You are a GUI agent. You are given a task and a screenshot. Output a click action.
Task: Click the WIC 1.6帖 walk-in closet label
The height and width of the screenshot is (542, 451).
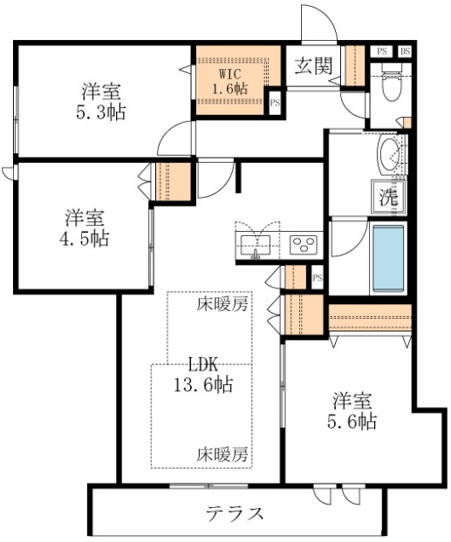coord(232,80)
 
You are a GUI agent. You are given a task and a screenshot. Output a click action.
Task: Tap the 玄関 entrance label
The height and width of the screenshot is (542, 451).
coord(312,66)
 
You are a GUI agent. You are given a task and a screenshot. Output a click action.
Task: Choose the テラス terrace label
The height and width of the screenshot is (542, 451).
coord(235,512)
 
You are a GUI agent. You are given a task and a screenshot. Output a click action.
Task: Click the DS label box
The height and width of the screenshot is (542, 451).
coord(405,51)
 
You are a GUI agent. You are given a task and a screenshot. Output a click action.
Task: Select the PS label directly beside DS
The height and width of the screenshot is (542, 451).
coord(381,51)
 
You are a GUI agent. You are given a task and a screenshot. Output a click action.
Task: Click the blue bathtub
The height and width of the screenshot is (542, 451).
coord(388,259)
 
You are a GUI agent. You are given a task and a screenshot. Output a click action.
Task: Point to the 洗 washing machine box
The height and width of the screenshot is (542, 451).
coord(388,196)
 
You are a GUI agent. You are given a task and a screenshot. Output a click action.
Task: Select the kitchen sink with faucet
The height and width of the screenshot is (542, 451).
coord(256,241)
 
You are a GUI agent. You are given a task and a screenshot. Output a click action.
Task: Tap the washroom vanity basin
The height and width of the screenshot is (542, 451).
coord(390,157)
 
